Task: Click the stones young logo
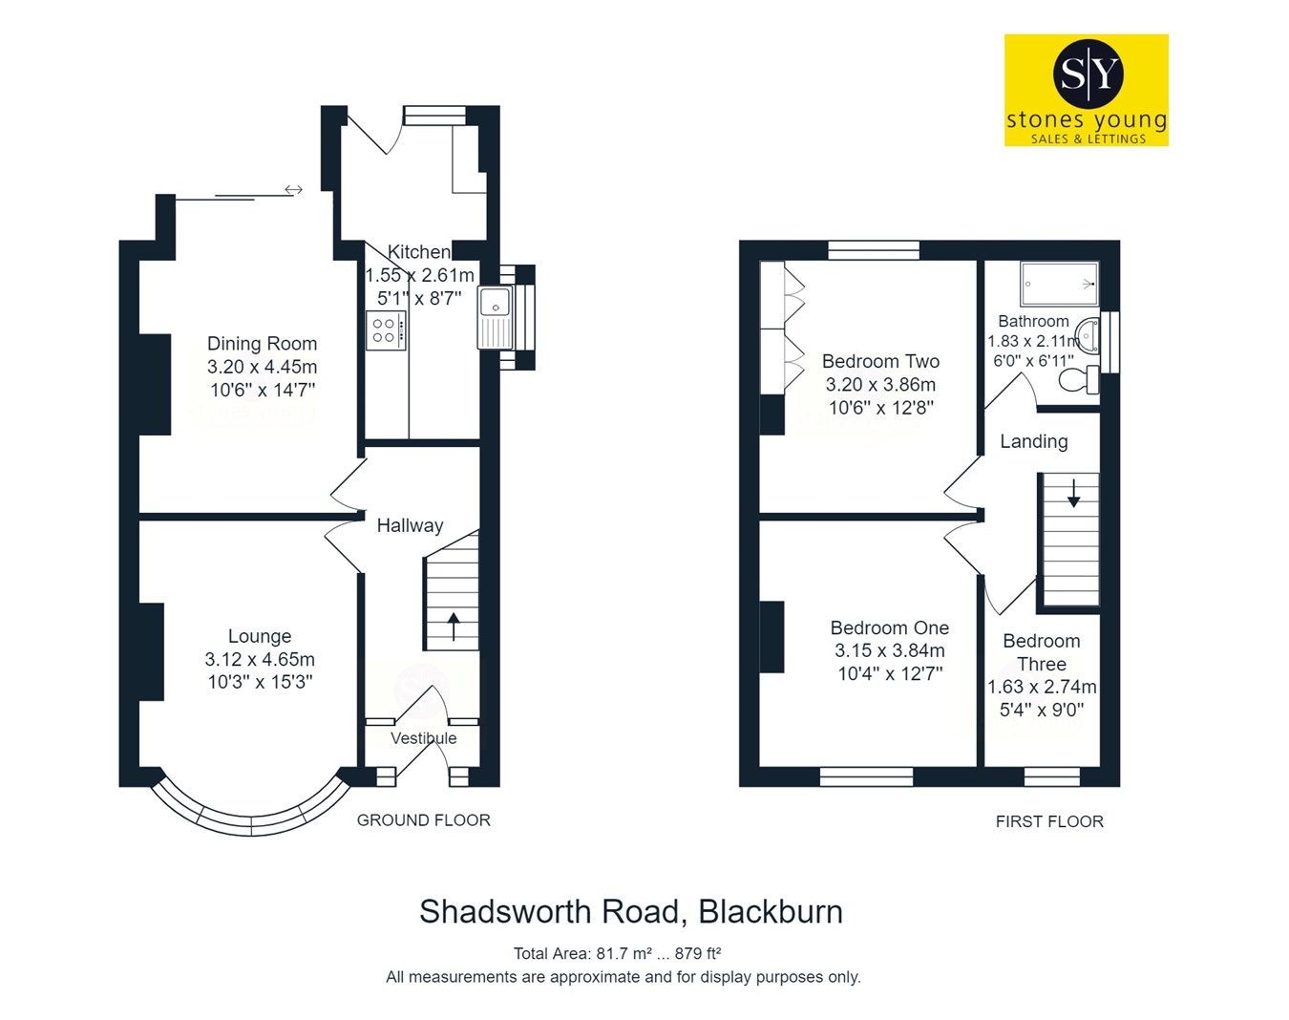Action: coord(1086,90)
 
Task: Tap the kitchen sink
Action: coord(496,303)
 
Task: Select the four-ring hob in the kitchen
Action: coord(385,329)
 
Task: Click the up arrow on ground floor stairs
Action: coord(453,627)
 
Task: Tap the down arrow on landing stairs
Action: coord(1073,494)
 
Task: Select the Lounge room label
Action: coord(260,636)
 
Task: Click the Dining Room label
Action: coord(262,344)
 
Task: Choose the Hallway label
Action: coord(410,525)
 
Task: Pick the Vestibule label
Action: coord(423,738)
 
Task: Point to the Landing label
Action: coord(1033,441)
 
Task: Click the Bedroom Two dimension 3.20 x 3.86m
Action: coord(880,385)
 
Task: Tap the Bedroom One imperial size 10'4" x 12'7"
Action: coord(889,673)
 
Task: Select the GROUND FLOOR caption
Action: coord(423,820)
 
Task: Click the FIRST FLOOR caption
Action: coord(1048,821)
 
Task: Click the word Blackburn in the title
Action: coord(771,912)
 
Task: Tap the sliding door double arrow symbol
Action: coord(293,190)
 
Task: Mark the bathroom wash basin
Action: coord(1088,334)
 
